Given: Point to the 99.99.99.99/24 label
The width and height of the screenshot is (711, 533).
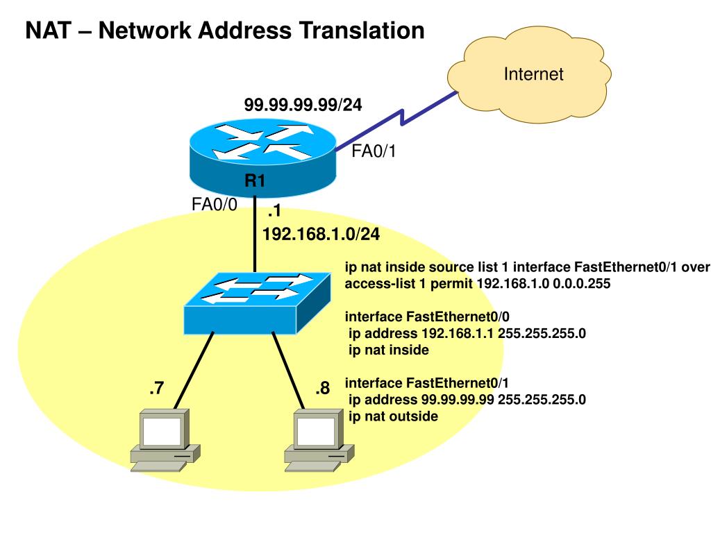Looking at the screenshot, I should click(303, 105).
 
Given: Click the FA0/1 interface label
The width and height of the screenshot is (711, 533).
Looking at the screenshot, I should click(374, 152).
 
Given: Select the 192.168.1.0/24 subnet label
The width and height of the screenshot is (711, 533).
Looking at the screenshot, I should click(321, 234).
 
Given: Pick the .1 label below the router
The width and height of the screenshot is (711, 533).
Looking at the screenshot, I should click(273, 212).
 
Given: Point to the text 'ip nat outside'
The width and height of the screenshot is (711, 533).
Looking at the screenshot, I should click(393, 416).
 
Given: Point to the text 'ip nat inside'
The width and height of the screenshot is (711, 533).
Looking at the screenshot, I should click(388, 350).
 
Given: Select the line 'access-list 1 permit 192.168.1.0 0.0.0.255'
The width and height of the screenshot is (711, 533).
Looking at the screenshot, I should click(478, 284).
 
